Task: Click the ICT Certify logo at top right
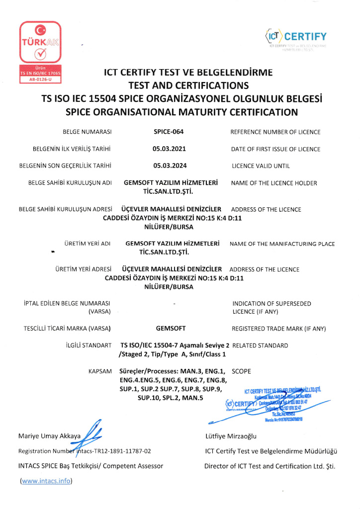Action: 296,37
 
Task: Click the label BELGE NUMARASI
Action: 87,132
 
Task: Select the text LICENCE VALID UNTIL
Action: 261,166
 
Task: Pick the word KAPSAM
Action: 99,371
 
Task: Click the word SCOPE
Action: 242,371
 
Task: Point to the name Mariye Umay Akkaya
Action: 49,437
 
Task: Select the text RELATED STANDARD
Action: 260,345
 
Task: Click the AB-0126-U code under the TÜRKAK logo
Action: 39,79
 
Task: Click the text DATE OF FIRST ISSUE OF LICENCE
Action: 275,149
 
